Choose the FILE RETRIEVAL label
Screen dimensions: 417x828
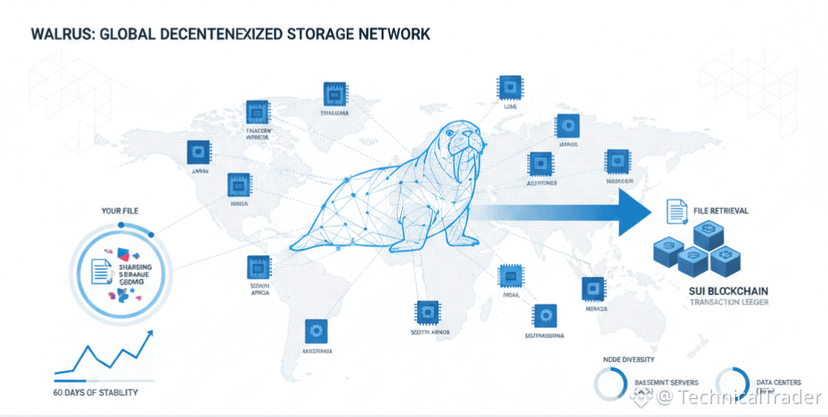(x=720, y=211)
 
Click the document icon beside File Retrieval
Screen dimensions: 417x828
(x=675, y=212)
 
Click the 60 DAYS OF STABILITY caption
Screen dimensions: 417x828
(x=95, y=392)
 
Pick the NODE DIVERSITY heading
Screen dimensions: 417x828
(x=629, y=360)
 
